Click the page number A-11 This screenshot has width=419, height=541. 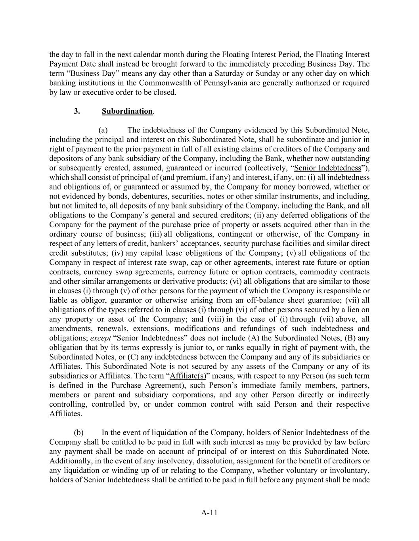click(209, 512)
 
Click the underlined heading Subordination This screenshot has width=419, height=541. click(127, 111)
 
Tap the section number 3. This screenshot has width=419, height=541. click(77, 111)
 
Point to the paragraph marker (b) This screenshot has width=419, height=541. click(78, 432)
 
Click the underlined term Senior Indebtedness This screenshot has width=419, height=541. click(329, 168)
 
